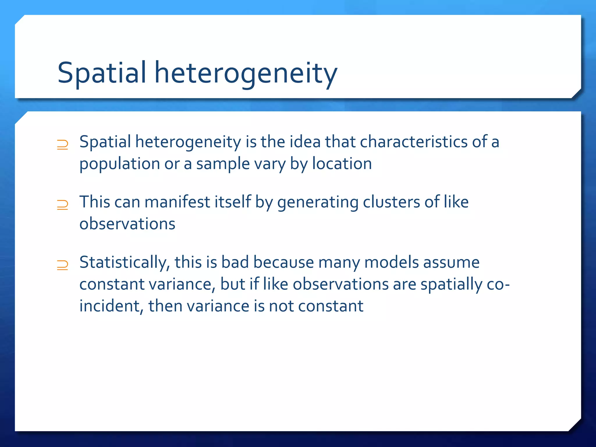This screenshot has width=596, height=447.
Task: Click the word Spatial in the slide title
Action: click(102, 73)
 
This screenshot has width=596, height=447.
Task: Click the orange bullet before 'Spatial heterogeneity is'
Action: click(63, 145)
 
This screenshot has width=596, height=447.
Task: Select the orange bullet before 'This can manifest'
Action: click(63, 205)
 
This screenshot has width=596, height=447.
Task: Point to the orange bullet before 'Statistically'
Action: click(63, 265)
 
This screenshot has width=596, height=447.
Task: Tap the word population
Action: click(120, 164)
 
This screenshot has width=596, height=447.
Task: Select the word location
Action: click(342, 164)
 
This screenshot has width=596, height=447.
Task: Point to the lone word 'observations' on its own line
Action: click(127, 224)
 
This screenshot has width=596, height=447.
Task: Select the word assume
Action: click(451, 262)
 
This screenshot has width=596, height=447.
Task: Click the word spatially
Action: click(451, 284)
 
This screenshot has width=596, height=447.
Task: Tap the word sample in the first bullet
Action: click(223, 164)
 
